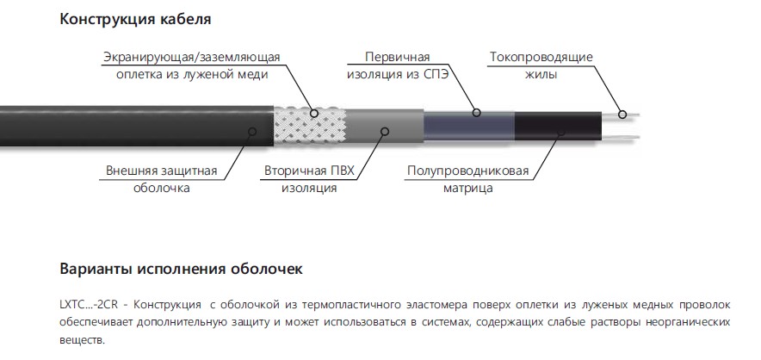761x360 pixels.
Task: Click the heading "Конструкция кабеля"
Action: point(135,20)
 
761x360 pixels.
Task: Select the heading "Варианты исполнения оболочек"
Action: point(181,269)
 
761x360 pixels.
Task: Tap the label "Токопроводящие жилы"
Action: point(541,65)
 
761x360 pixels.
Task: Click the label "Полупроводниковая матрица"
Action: point(467,179)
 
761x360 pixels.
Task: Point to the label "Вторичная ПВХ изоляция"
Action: point(309,179)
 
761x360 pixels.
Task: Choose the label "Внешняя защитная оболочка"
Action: point(162,179)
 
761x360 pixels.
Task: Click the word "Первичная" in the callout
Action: point(398,57)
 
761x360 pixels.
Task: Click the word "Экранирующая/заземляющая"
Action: point(192,58)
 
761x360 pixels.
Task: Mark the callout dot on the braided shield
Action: point(314,113)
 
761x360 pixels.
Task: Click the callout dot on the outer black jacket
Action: point(252,131)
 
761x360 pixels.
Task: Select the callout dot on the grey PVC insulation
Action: point(385,131)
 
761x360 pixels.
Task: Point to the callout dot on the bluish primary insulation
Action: point(477,113)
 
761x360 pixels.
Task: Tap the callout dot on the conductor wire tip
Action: point(622,115)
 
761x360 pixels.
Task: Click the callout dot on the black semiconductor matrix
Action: point(561,131)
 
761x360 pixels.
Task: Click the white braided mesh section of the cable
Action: point(310,126)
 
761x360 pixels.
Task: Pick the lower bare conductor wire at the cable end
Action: point(621,137)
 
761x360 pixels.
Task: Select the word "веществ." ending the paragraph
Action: point(82,340)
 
